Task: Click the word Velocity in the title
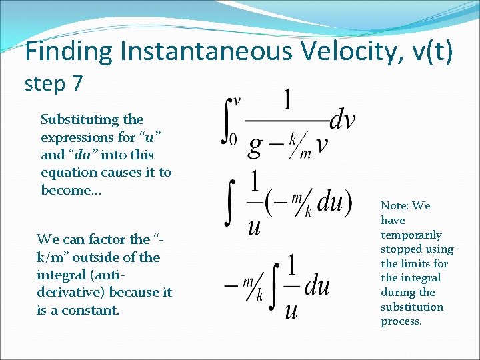click(336, 52)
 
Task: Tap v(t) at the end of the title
click(429, 52)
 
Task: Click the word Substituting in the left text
click(74, 120)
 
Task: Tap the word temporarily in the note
click(411, 235)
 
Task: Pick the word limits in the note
click(433, 263)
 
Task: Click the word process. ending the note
click(401, 321)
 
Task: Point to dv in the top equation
click(343, 121)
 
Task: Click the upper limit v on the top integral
click(236, 101)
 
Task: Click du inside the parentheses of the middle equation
click(329, 203)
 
